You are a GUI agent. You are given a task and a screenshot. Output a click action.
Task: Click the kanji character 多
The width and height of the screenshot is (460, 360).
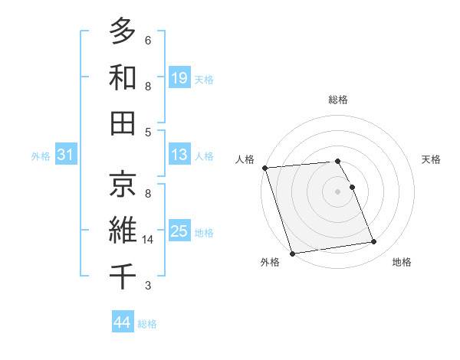click(123, 31)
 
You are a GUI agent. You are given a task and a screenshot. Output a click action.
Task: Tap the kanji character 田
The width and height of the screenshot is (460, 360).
click(123, 123)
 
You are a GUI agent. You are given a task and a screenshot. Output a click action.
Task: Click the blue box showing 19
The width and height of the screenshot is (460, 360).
click(179, 78)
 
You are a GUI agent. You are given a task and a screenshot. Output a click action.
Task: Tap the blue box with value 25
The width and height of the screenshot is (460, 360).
click(179, 232)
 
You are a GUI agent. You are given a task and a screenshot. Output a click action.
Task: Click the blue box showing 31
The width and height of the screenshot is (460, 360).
click(65, 155)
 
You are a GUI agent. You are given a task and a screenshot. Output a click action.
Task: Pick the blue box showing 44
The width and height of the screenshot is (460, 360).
click(122, 322)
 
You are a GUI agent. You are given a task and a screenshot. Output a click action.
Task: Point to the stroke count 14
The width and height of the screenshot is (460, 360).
click(149, 240)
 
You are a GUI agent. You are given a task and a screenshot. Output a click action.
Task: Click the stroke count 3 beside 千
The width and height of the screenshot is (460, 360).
click(148, 286)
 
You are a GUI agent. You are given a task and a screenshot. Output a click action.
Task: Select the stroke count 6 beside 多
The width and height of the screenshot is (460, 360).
click(148, 40)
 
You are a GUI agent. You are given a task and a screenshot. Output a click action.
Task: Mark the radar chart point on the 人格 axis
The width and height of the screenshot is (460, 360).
click(264, 168)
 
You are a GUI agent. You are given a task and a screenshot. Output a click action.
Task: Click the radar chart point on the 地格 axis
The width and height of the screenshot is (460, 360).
click(373, 242)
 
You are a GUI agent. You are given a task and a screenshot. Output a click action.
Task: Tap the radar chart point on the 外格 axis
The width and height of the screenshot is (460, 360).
click(292, 253)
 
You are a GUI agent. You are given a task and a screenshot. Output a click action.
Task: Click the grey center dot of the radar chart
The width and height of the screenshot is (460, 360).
click(337, 191)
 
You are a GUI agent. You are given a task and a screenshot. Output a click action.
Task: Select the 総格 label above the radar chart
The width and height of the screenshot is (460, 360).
click(337, 100)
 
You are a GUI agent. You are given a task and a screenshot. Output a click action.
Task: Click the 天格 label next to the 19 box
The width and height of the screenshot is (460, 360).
click(204, 79)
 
